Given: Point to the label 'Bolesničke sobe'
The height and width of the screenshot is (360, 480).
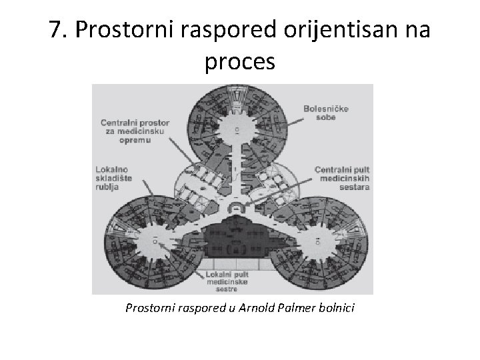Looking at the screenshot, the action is pos(325,113).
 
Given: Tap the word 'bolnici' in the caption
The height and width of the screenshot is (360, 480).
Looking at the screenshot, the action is pos(337,309).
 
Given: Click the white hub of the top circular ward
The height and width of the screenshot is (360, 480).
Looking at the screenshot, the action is pos(237,126).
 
